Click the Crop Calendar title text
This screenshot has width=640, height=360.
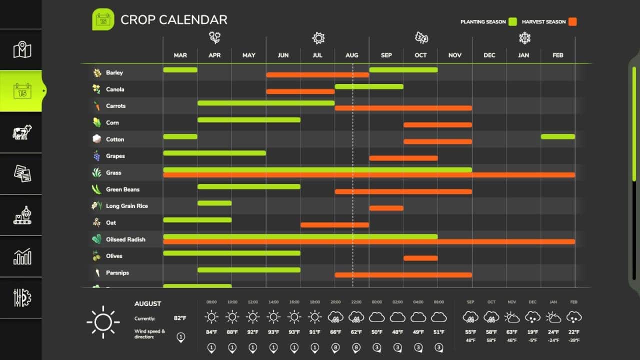(173, 19)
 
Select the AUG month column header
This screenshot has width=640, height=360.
(351, 55)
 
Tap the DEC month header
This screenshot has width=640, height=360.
(489, 55)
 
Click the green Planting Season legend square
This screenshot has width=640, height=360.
(512, 21)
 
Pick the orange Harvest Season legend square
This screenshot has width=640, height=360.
(572, 21)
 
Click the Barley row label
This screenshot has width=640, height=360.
(114, 72)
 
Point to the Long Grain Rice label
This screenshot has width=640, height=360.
(126, 206)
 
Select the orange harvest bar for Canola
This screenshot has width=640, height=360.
(300, 91)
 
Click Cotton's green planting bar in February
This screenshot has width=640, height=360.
(557, 136)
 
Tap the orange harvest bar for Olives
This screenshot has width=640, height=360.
(420, 258)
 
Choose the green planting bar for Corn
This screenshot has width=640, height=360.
(248, 119)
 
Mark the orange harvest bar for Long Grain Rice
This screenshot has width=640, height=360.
(386, 208)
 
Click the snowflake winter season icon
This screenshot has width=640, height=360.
(524, 38)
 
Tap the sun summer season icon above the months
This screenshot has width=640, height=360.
(318, 38)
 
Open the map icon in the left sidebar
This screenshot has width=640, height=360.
(22, 50)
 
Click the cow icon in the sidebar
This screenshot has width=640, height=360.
(22, 132)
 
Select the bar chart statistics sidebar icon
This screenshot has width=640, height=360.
(22, 256)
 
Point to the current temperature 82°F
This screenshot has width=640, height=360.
(180, 318)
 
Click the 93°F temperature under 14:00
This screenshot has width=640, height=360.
(273, 332)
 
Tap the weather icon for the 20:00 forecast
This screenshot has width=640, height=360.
(335, 316)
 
